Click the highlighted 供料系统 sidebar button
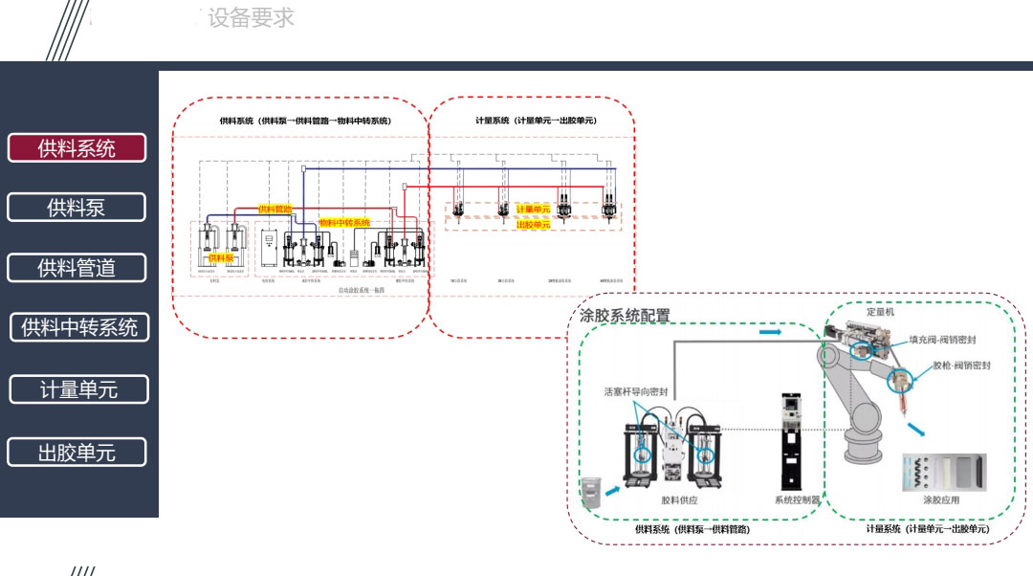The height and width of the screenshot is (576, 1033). [77, 148]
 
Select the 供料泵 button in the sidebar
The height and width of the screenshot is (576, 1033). [77, 208]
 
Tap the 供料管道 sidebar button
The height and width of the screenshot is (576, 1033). [77, 268]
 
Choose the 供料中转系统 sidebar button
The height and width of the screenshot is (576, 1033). [79, 327]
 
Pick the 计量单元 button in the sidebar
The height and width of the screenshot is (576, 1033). [78, 389]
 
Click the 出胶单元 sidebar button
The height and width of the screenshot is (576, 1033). [77, 453]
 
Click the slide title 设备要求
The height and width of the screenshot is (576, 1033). [251, 18]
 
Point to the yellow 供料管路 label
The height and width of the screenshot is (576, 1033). [275, 209]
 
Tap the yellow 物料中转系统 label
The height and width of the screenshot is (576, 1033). [344, 222]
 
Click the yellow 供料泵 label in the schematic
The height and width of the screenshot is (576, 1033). [221, 257]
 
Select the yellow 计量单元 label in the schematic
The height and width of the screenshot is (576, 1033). [533, 209]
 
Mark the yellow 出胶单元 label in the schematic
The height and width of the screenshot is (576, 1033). [533, 224]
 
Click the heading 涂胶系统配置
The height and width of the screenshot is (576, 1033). [625, 316]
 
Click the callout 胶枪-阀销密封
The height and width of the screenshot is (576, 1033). [960, 366]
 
